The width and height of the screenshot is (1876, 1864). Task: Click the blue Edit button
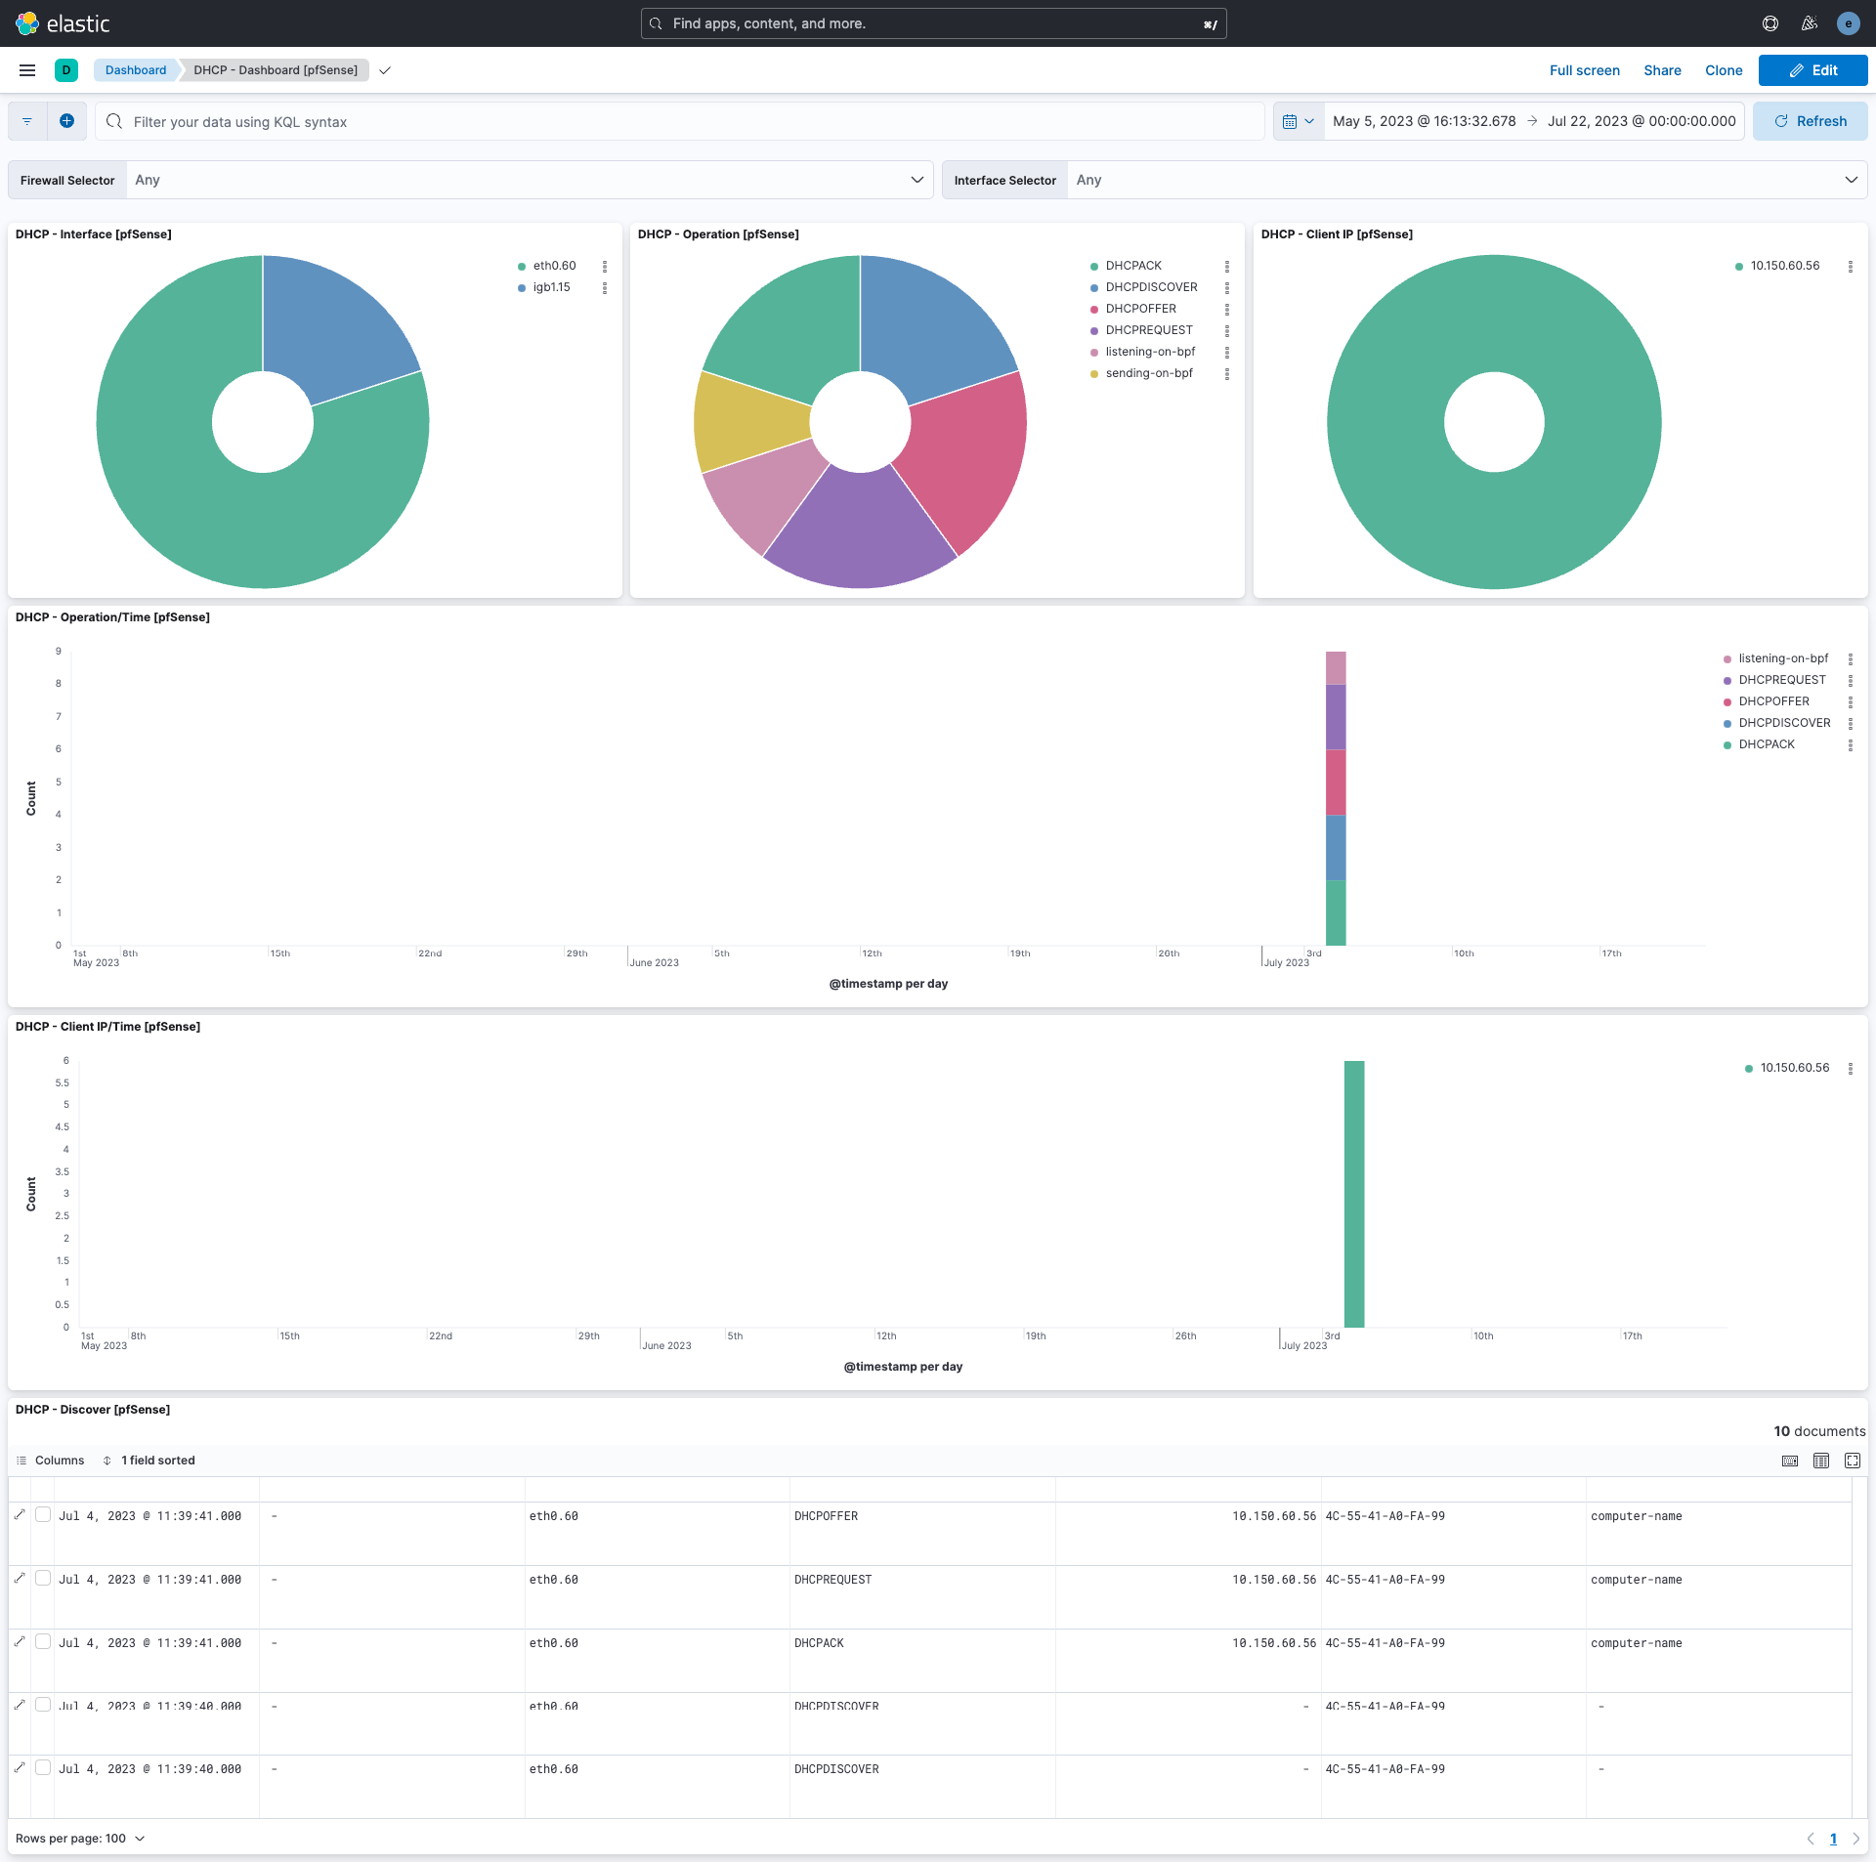pyautogui.click(x=1812, y=70)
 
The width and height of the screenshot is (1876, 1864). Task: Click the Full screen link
pyautogui.click(x=1584, y=70)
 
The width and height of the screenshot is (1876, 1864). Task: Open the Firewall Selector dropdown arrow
pyautogui.click(x=917, y=180)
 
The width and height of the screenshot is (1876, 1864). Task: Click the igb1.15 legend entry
pyautogui.click(x=551, y=287)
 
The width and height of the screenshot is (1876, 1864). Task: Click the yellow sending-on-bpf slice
pyautogui.click(x=747, y=422)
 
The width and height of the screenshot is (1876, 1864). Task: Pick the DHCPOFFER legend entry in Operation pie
pyautogui.click(x=1140, y=309)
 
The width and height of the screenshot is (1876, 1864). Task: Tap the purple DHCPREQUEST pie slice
pyautogui.click(x=860, y=532)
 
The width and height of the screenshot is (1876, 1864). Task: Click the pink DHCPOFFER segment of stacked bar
pyautogui.click(x=1335, y=782)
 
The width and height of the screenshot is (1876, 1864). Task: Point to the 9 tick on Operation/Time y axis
pyautogui.click(x=59, y=652)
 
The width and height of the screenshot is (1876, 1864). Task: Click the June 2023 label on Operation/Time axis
pyautogui.click(x=654, y=963)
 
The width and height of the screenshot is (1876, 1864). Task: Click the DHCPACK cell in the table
pyautogui.click(x=819, y=1643)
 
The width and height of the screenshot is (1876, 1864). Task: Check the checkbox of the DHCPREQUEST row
pyautogui.click(x=43, y=1579)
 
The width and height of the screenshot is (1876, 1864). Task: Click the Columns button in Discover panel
pyautogui.click(x=51, y=1461)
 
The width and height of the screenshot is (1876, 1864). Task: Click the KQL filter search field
pyautogui.click(x=684, y=122)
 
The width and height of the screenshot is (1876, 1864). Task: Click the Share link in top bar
pyautogui.click(x=1661, y=70)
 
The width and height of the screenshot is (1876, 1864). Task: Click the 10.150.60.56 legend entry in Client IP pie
pyautogui.click(x=1784, y=266)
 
